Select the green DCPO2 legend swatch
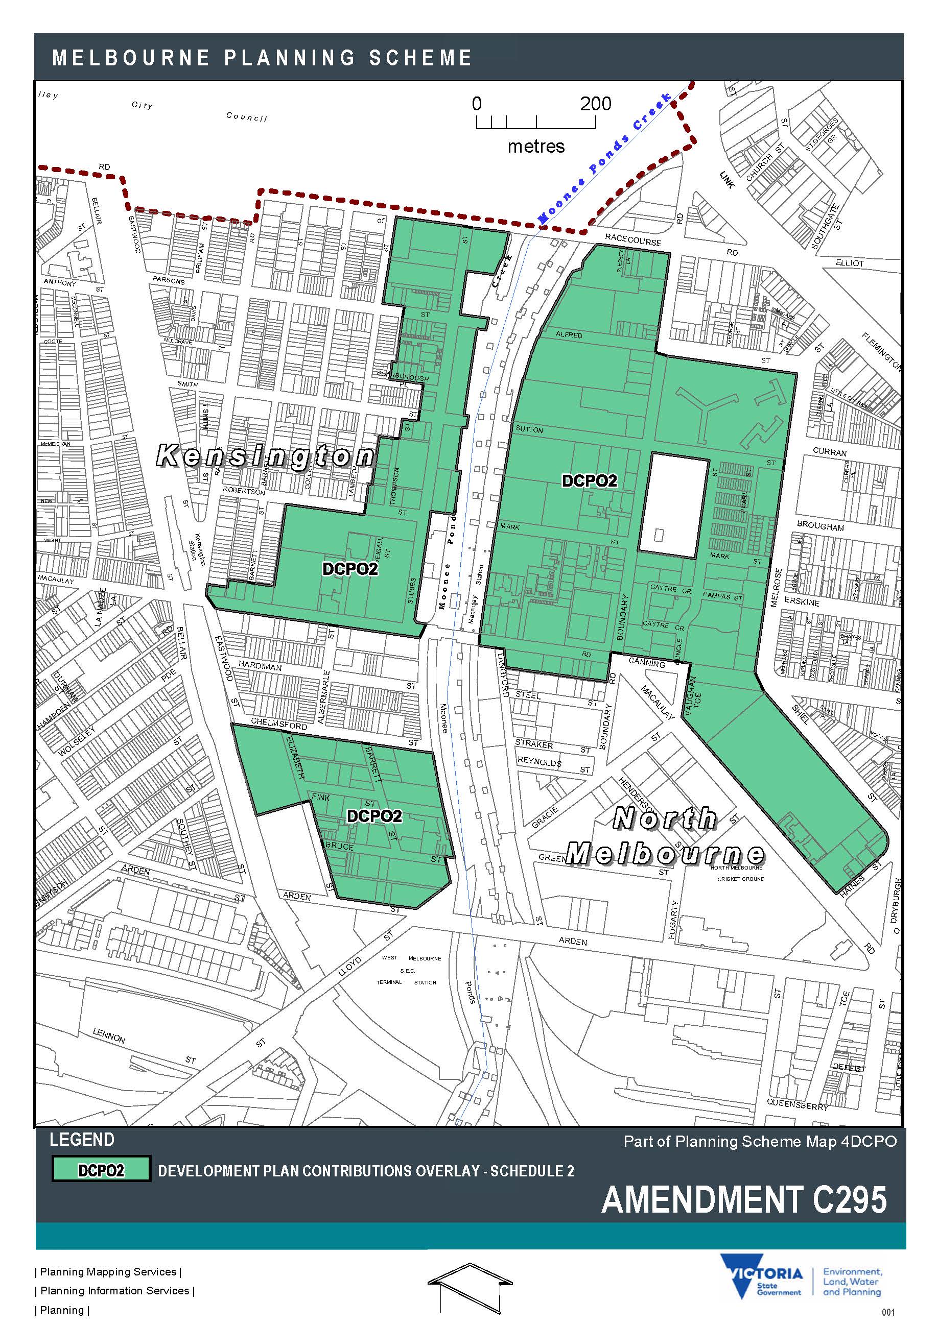(x=101, y=1169)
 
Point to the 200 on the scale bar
(x=595, y=104)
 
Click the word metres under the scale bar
(x=536, y=146)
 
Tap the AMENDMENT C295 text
(x=744, y=1200)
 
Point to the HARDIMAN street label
(x=260, y=666)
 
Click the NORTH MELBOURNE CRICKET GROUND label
(x=741, y=873)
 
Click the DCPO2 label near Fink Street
(x=374, y=816)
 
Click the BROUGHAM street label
(x=820, y=526)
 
